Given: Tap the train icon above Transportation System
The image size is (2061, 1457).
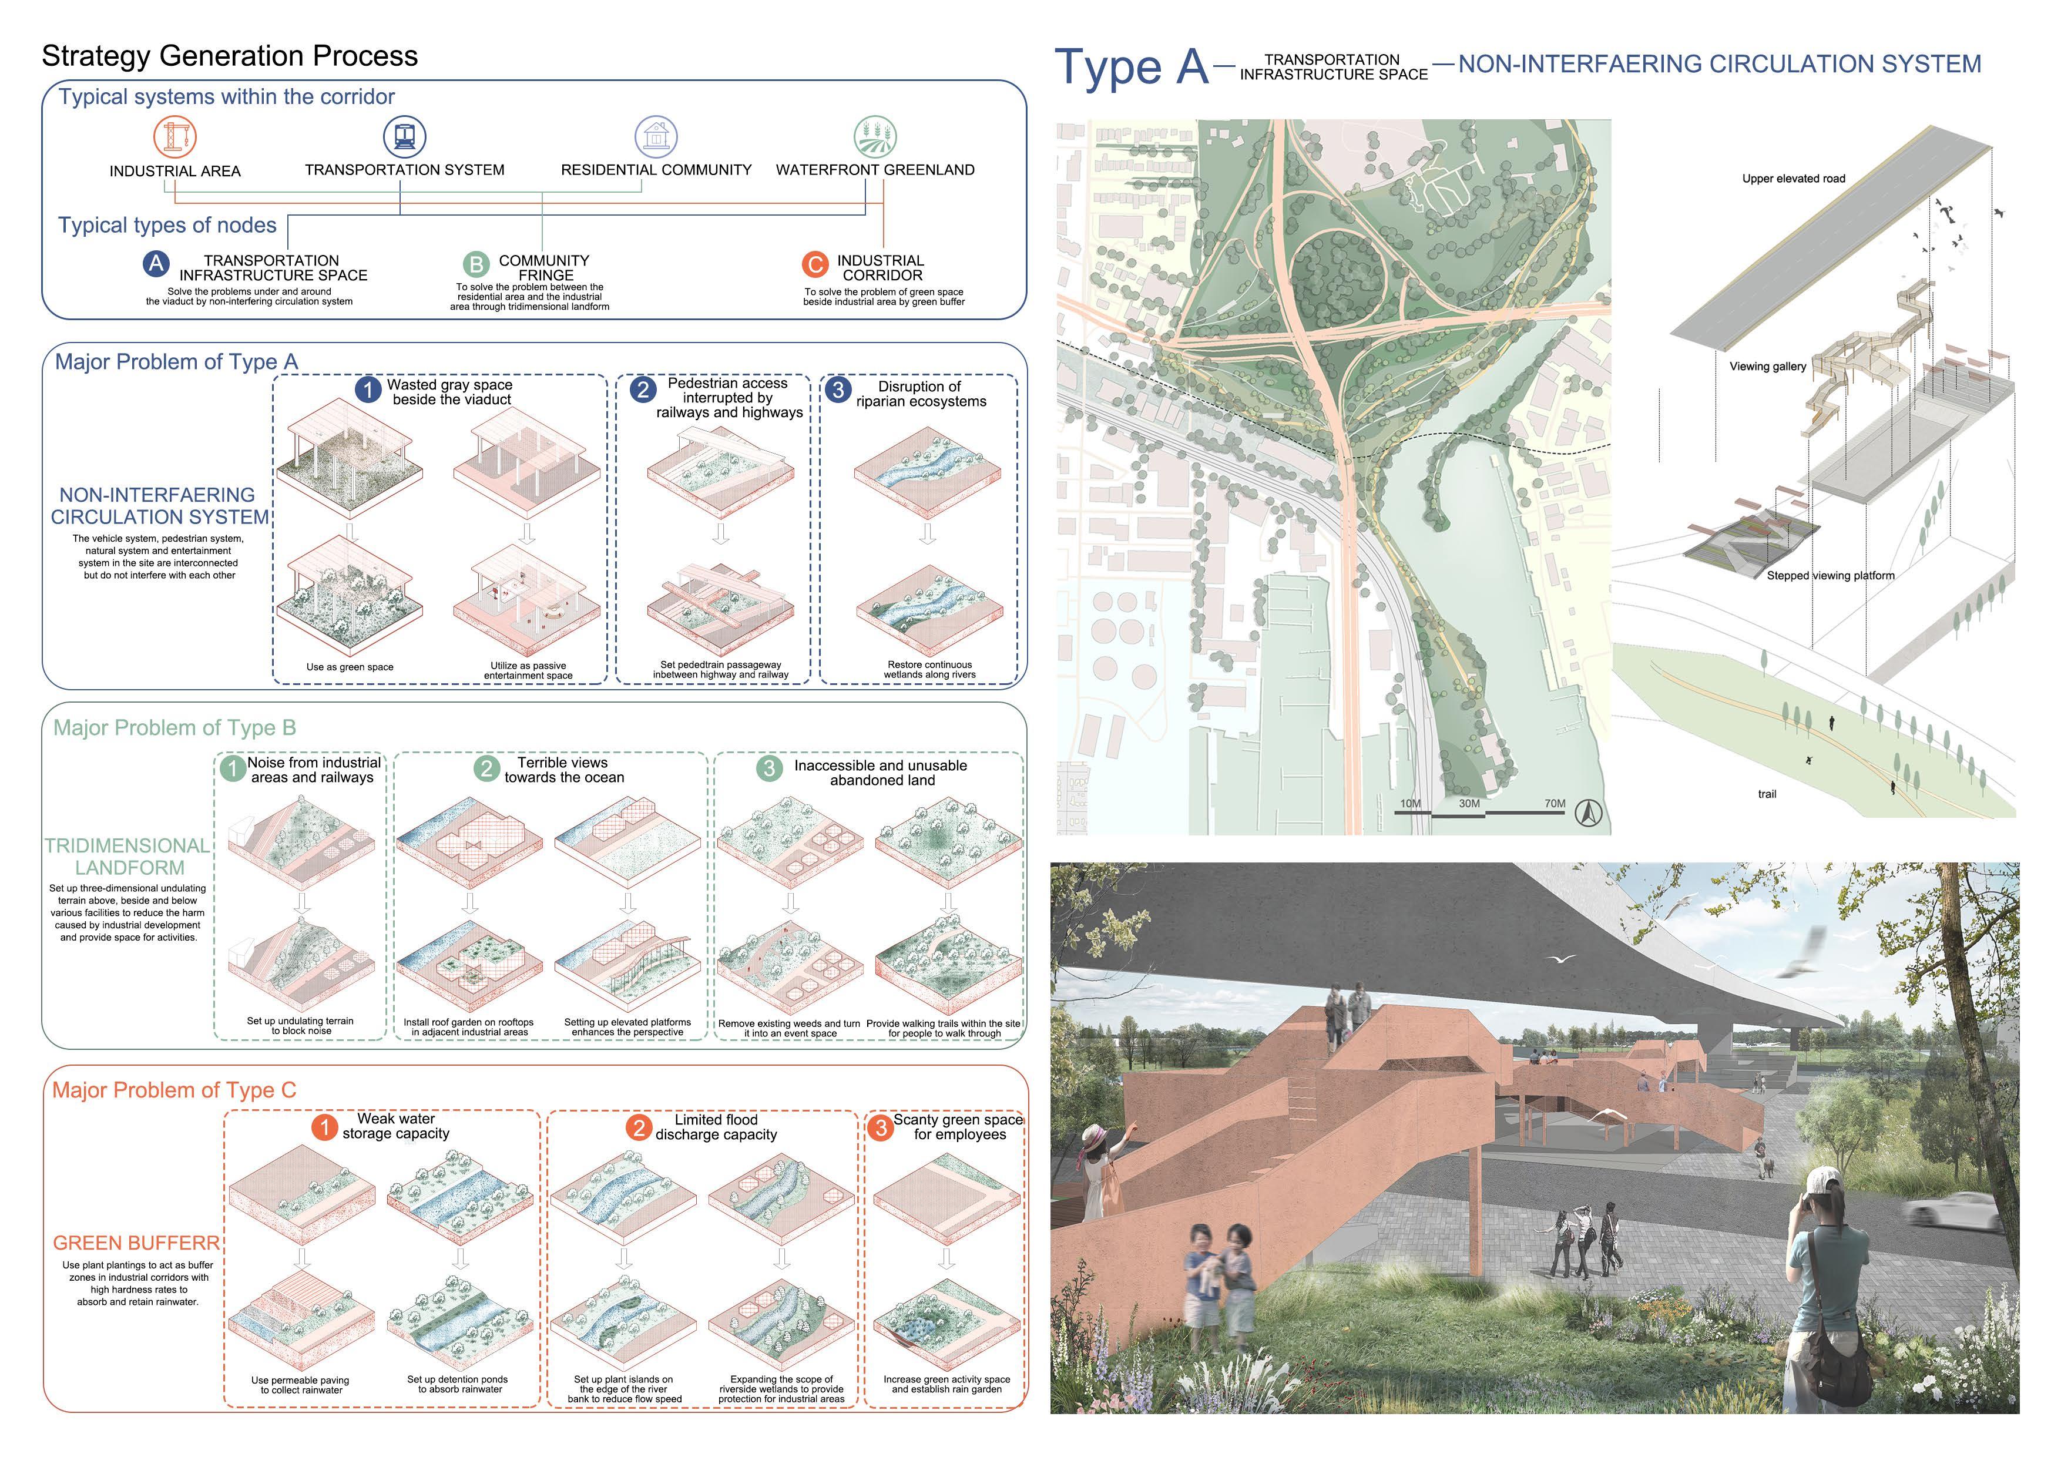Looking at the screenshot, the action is (404, 136).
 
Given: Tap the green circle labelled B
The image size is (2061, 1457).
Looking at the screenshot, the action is (476, 264).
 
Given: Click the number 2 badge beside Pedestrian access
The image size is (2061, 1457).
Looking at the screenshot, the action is (643, 390).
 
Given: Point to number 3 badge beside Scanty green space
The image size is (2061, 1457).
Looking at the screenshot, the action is (881, 1127).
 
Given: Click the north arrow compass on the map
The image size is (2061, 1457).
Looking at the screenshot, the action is (1588, 813).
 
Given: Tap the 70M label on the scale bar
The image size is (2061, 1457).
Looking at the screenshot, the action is (1555, 804).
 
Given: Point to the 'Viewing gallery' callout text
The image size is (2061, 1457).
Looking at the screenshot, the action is (1767, 366).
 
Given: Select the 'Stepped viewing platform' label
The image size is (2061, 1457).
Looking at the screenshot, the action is (1830, 575).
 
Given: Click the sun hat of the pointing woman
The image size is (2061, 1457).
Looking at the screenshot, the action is (1098, 1137).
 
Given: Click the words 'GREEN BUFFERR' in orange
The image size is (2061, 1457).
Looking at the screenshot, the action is (136, 1243).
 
